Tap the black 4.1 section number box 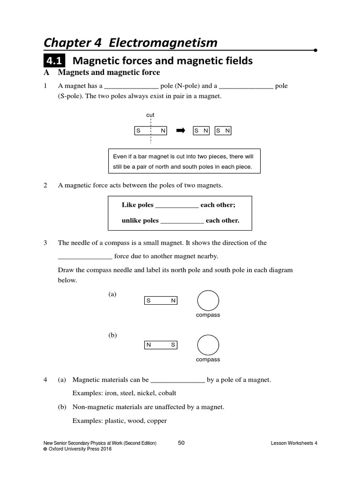coord(55,61)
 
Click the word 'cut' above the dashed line coord(150,115)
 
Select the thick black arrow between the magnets coord(180,131)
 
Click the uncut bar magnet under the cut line coord(150,131)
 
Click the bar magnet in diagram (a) coord(160,300)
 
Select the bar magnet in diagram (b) coord(160,345)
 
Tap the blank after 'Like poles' coord(177,205)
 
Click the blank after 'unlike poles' coord(182,221)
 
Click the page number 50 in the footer coord(182,442)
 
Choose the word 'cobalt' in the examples coord(167,393)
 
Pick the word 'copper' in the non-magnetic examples coord(157,421)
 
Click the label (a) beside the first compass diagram coord(112,294)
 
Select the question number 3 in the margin coord(45,243)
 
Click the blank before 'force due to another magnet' coord(85,256)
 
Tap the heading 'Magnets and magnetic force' coord(109,73)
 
